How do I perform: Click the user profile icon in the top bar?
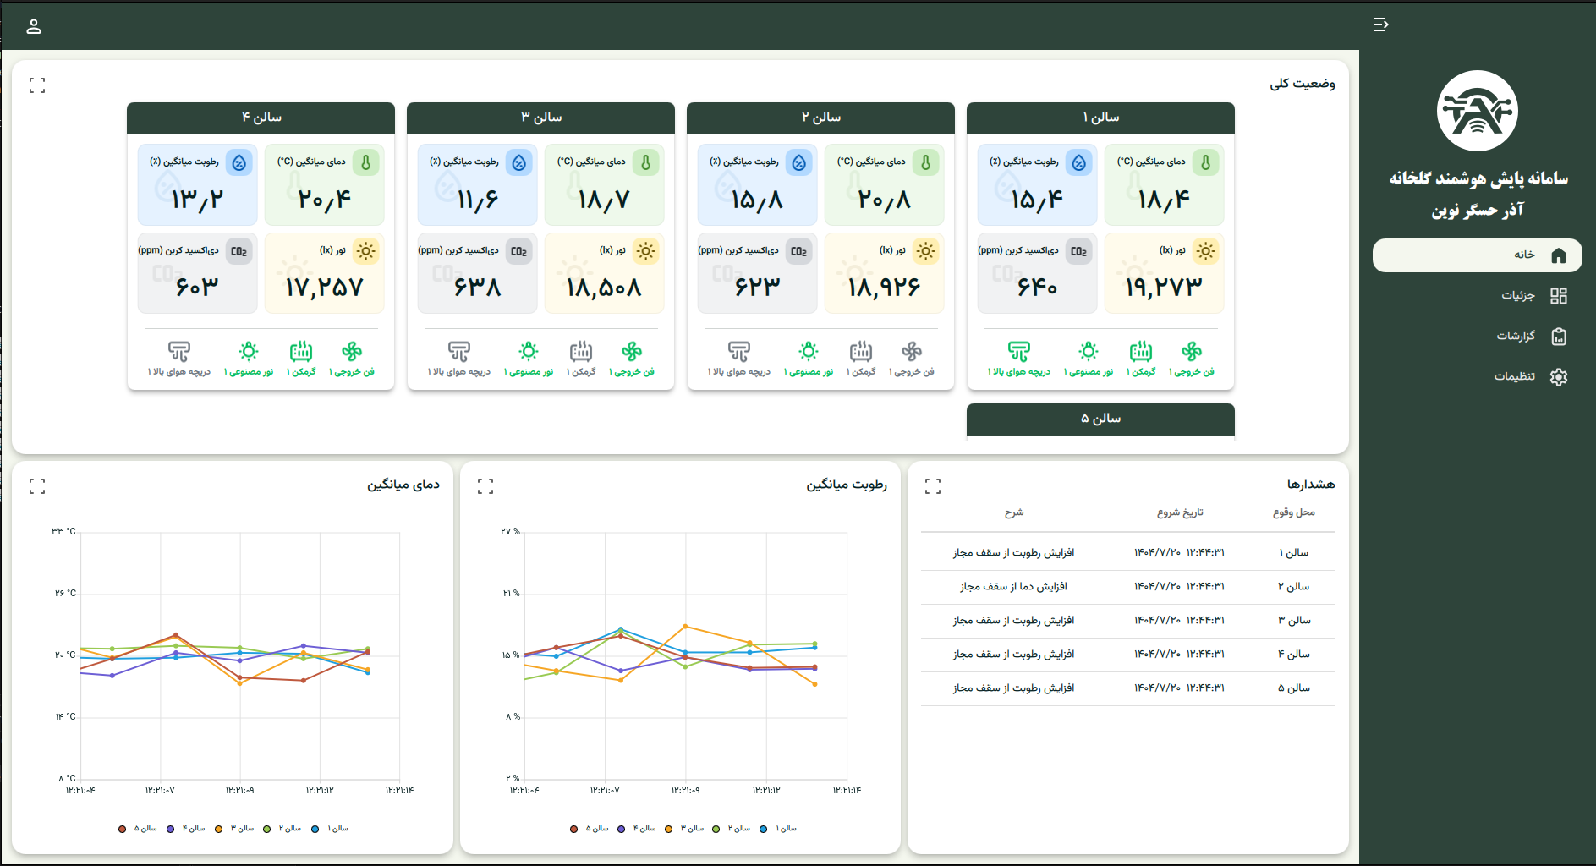point(34,26)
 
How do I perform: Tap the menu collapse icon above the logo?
point(1380,25)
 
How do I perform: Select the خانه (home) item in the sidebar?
point(1477,255)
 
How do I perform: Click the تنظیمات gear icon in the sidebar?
point(1559,376)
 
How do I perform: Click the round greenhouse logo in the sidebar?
point(1478,111)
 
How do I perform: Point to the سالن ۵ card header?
point(1100,419)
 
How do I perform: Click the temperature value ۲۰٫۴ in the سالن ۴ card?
point(324,200)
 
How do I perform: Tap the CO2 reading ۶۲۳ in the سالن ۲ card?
point(757,288)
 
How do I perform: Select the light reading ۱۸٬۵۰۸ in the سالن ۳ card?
point(604,288)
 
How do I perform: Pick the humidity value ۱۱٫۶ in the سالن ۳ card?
point(478,200)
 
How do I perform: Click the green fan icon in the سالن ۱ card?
point(1192,351)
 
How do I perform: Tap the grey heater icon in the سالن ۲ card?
point(861,351)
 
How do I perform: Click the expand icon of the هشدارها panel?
point(933,486)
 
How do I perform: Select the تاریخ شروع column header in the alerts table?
point(1180,512)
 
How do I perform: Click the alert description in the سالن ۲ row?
point(1013,586)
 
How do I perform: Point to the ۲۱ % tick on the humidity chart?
point(510,594)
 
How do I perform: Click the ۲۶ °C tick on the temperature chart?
point(65,594)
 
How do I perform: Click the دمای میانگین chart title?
point(403,485)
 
